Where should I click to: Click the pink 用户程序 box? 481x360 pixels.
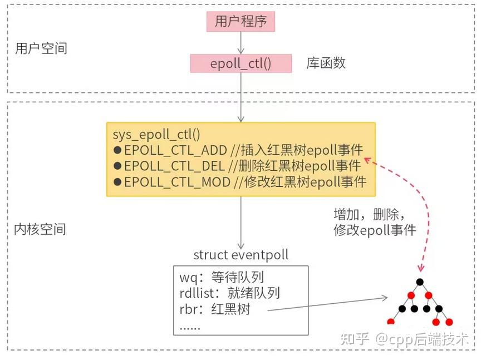coord(241,22)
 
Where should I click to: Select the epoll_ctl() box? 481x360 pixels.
coord(240,63)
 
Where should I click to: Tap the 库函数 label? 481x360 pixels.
coord(326,63)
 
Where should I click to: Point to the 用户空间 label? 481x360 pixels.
coord(41,48)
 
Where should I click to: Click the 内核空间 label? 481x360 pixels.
coord(40,229)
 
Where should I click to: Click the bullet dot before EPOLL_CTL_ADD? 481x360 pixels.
coord(117,150)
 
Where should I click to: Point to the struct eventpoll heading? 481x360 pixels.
coord(240,255)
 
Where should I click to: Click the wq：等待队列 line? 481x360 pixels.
coord(222,277)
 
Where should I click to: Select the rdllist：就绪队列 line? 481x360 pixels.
coord(229,293)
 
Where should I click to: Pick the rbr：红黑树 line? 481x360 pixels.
coord(215,309)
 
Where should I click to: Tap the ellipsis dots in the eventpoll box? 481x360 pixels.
coord(190,326)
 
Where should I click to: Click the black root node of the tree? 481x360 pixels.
coord(420,282)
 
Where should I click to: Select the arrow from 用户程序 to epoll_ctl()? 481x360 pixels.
coord(240,42)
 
